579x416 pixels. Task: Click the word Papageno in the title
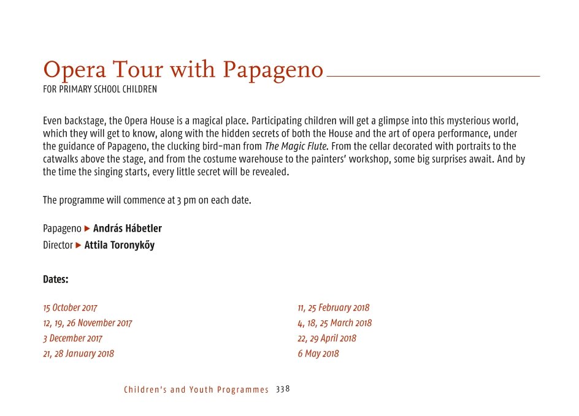click(273, 71)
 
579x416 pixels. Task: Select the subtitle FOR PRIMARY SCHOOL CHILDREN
click(100, 89)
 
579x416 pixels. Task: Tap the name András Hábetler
click(128, 229)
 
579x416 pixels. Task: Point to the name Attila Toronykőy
click(120, 245)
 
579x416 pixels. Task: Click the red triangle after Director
click(79, 245)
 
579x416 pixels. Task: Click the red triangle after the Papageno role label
click(87, 229)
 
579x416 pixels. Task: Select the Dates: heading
click(56, 279)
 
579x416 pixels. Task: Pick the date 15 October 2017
click(70, 308)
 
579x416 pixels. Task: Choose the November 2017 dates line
click(88, 323)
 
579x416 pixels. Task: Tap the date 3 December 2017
click(72, 338)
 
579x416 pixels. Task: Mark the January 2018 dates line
click(79, 354)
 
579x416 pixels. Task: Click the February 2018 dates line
click(334, 308)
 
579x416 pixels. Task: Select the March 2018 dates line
click(335, 323)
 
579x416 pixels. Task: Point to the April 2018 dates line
click(327, 338)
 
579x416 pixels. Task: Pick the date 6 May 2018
click(318, 354)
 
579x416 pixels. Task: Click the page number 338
click(283, 389)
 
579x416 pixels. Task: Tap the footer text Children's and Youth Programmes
click(196, 390)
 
